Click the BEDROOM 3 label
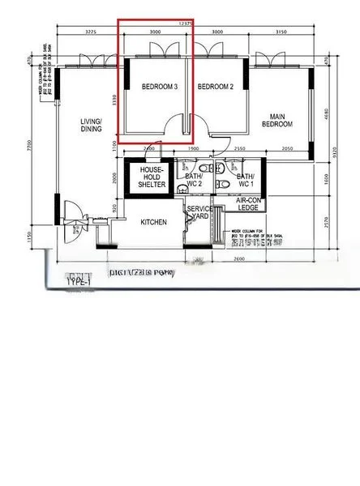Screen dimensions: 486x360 point(159,87)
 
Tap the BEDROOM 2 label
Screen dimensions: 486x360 point(216,87)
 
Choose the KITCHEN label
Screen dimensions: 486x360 point(153,222)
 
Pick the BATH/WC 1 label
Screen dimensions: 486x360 point(246,180)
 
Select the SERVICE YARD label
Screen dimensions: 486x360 point(199,213)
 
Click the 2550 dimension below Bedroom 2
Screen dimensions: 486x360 point(239,150)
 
